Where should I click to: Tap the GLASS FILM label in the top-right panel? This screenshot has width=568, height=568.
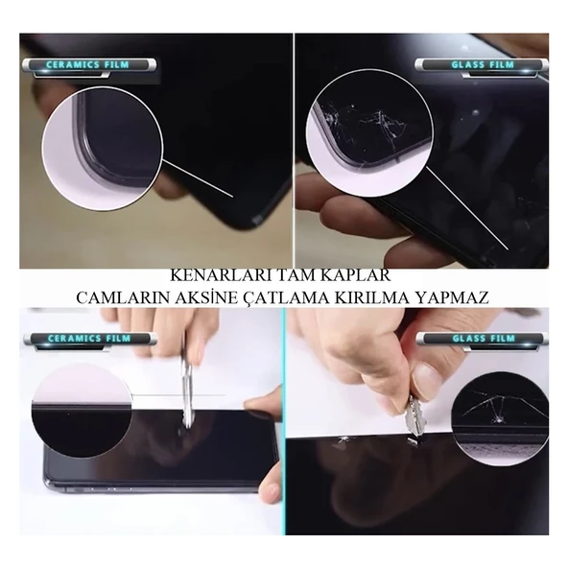click(x=483, y=65)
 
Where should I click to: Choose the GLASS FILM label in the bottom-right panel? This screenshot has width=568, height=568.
click(x=483, y=339)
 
